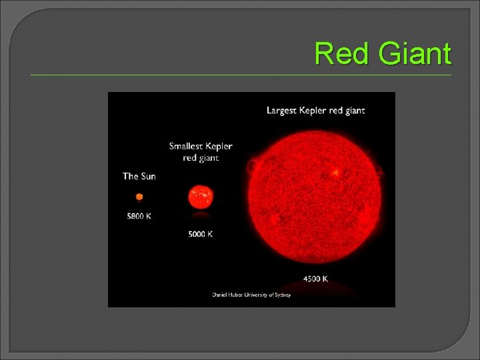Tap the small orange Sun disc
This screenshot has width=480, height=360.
139,197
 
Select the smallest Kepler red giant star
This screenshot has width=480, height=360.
200,197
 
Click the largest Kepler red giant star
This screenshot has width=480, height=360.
315,198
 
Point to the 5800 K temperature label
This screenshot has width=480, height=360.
139,216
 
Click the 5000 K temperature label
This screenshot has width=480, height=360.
200,234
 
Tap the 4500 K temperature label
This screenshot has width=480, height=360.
315,279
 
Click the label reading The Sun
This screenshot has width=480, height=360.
139,176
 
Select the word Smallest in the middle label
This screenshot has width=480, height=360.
187,146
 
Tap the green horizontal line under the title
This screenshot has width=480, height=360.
240,75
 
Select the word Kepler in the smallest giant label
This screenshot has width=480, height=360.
219,146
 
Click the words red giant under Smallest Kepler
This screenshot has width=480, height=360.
201,158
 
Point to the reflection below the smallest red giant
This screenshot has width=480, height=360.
200,215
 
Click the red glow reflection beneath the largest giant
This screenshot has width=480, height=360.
315,289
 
